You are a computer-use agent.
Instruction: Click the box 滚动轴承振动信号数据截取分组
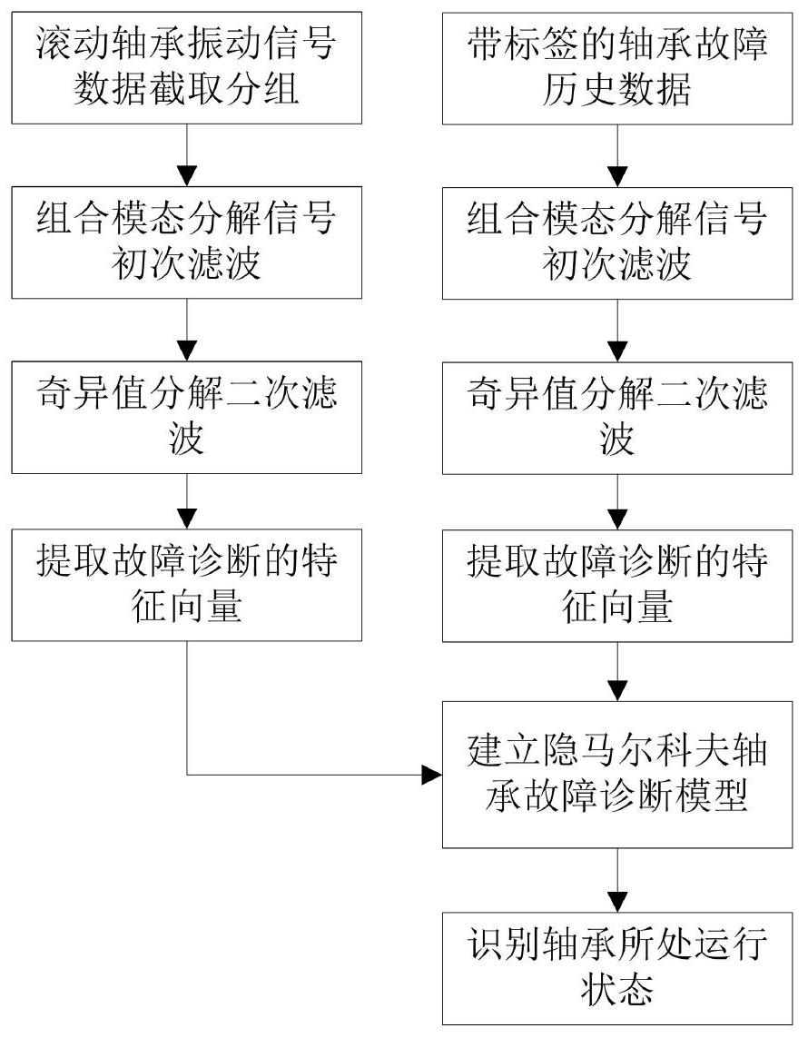coord(186,65)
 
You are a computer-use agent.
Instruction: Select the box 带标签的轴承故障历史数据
coord(617,65)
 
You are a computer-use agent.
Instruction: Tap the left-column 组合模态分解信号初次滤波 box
coord(186,242)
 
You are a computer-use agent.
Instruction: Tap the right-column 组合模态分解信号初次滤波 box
coord(617,242)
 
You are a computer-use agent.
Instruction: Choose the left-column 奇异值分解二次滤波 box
coord(186,417)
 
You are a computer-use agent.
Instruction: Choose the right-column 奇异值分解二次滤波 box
coord(617,417)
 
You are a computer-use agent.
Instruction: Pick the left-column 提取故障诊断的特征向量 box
coord(186,585)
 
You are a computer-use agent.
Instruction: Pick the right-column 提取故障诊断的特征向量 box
coord(617,585)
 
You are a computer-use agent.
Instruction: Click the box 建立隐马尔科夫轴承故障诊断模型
coord(617,775)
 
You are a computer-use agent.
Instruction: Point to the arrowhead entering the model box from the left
coord(431,775)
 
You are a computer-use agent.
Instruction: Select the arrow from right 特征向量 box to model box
coord(617,672)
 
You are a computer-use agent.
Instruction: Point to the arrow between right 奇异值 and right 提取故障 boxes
coord(617,502)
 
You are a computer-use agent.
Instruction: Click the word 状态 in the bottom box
coord(617,991)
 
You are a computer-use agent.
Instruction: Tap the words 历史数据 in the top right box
coord(617,89)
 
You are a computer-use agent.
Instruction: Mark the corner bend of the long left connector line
coord(186,775)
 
